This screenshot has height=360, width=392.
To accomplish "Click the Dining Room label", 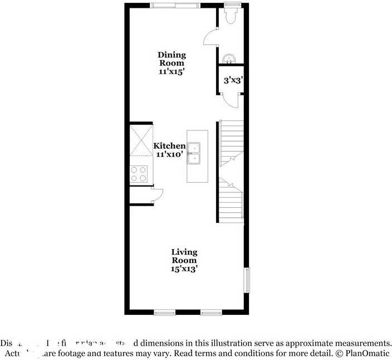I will (x=171, y=59).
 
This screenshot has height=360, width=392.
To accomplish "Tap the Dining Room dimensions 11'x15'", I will (x=171, y=72).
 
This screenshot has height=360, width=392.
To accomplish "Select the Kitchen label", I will (x=170, y=146).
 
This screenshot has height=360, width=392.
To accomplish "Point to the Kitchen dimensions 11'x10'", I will (x=170, y=154).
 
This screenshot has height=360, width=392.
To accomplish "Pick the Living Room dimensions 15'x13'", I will (x=184, y=269).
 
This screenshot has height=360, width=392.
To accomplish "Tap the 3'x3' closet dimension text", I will (x=233, y=80).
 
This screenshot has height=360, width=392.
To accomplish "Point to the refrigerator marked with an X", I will (x=140, y=139).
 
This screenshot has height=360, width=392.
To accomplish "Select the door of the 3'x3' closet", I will (x=230, y=100).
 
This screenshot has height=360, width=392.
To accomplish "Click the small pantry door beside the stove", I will (x=156, y=193).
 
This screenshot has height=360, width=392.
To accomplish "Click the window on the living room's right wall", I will (x=247, y=279).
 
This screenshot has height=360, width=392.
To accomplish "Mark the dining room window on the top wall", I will (x=175, y=5).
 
